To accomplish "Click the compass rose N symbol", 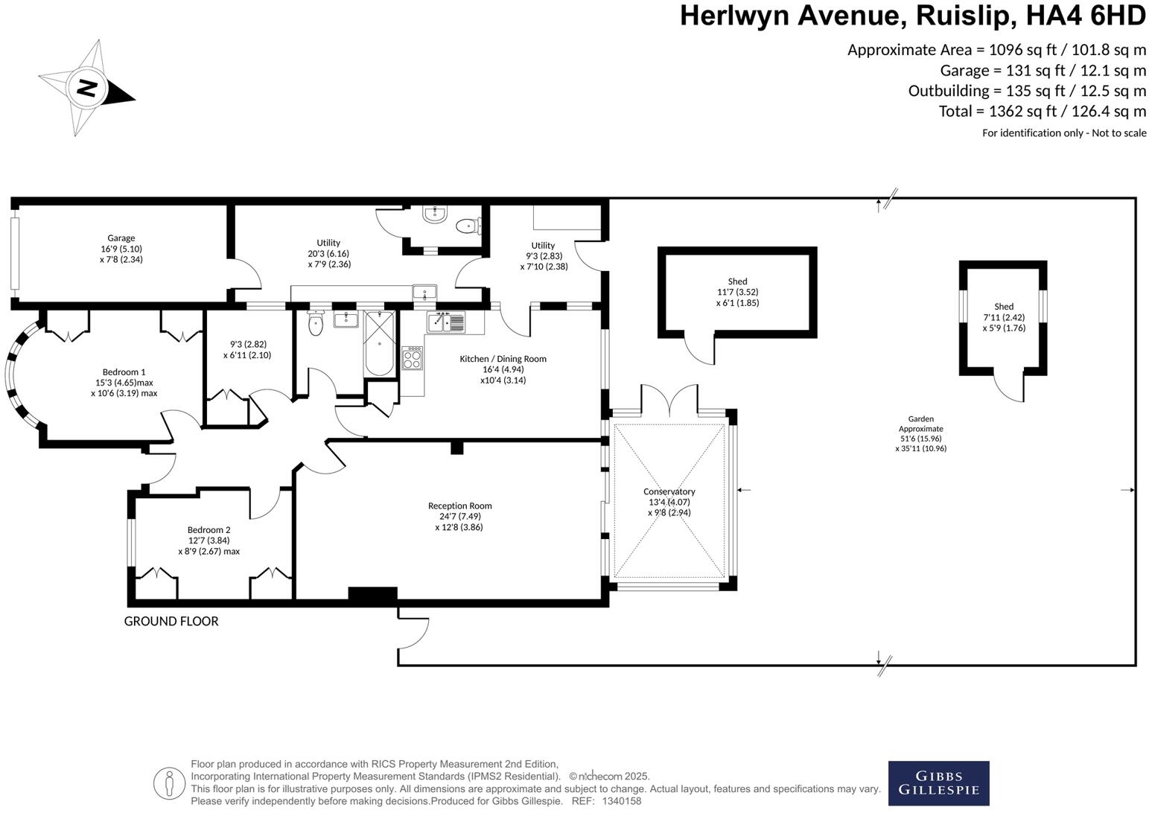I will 87,88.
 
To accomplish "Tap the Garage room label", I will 121,238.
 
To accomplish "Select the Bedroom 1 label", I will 124,372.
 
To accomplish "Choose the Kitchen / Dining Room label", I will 503,359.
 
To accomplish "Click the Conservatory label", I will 669,491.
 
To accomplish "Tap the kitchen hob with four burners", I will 412,359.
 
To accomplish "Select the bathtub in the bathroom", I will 381,345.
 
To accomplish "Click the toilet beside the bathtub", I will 316,324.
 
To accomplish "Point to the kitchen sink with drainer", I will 445,322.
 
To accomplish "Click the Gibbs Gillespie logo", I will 938,783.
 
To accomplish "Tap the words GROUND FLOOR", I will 171,621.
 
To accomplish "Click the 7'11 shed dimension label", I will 1003,317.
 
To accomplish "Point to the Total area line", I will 1042,112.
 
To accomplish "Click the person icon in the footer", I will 169,782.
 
